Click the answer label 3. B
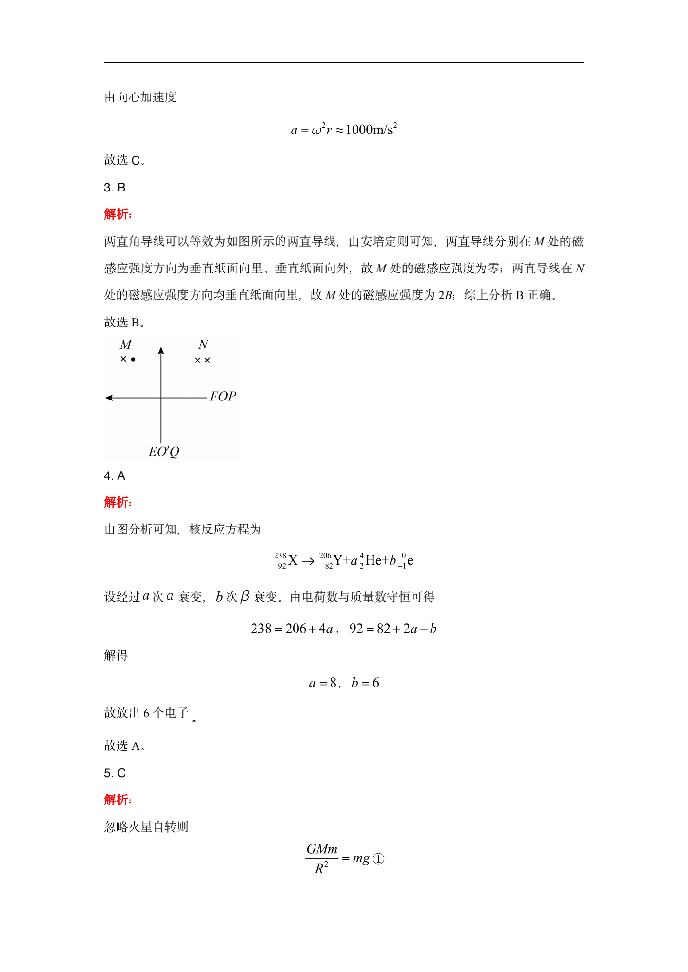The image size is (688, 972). [x=115, y=188]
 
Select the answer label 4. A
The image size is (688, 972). [x=115, y=476]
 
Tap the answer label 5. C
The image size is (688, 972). [x=115, y=773]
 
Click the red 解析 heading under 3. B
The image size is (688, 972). [x=118, y=214]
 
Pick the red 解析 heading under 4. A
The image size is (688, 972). [x=118, y=502]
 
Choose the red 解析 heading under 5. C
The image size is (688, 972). [x=118, y=800]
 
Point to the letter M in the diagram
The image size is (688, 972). [x=126, y=345]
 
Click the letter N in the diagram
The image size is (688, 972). [x=203, y=345]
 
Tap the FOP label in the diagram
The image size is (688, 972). [x=223, y=397]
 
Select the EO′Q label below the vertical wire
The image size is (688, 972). [x=164, y=452]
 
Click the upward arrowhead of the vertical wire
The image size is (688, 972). [x=161, y=351]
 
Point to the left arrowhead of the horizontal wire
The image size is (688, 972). [x=109, y=398]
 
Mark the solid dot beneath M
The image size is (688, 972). [x=133, y=360]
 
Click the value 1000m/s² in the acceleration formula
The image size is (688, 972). [x=371, y=130]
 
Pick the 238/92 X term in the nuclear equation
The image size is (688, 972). [x=286, y=560]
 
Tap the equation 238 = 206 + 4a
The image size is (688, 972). [x=292, y=629]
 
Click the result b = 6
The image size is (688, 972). [x=365, y=683]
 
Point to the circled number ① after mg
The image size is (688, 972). [x=378, y=859]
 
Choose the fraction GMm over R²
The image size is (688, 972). [x=321, y=859]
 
